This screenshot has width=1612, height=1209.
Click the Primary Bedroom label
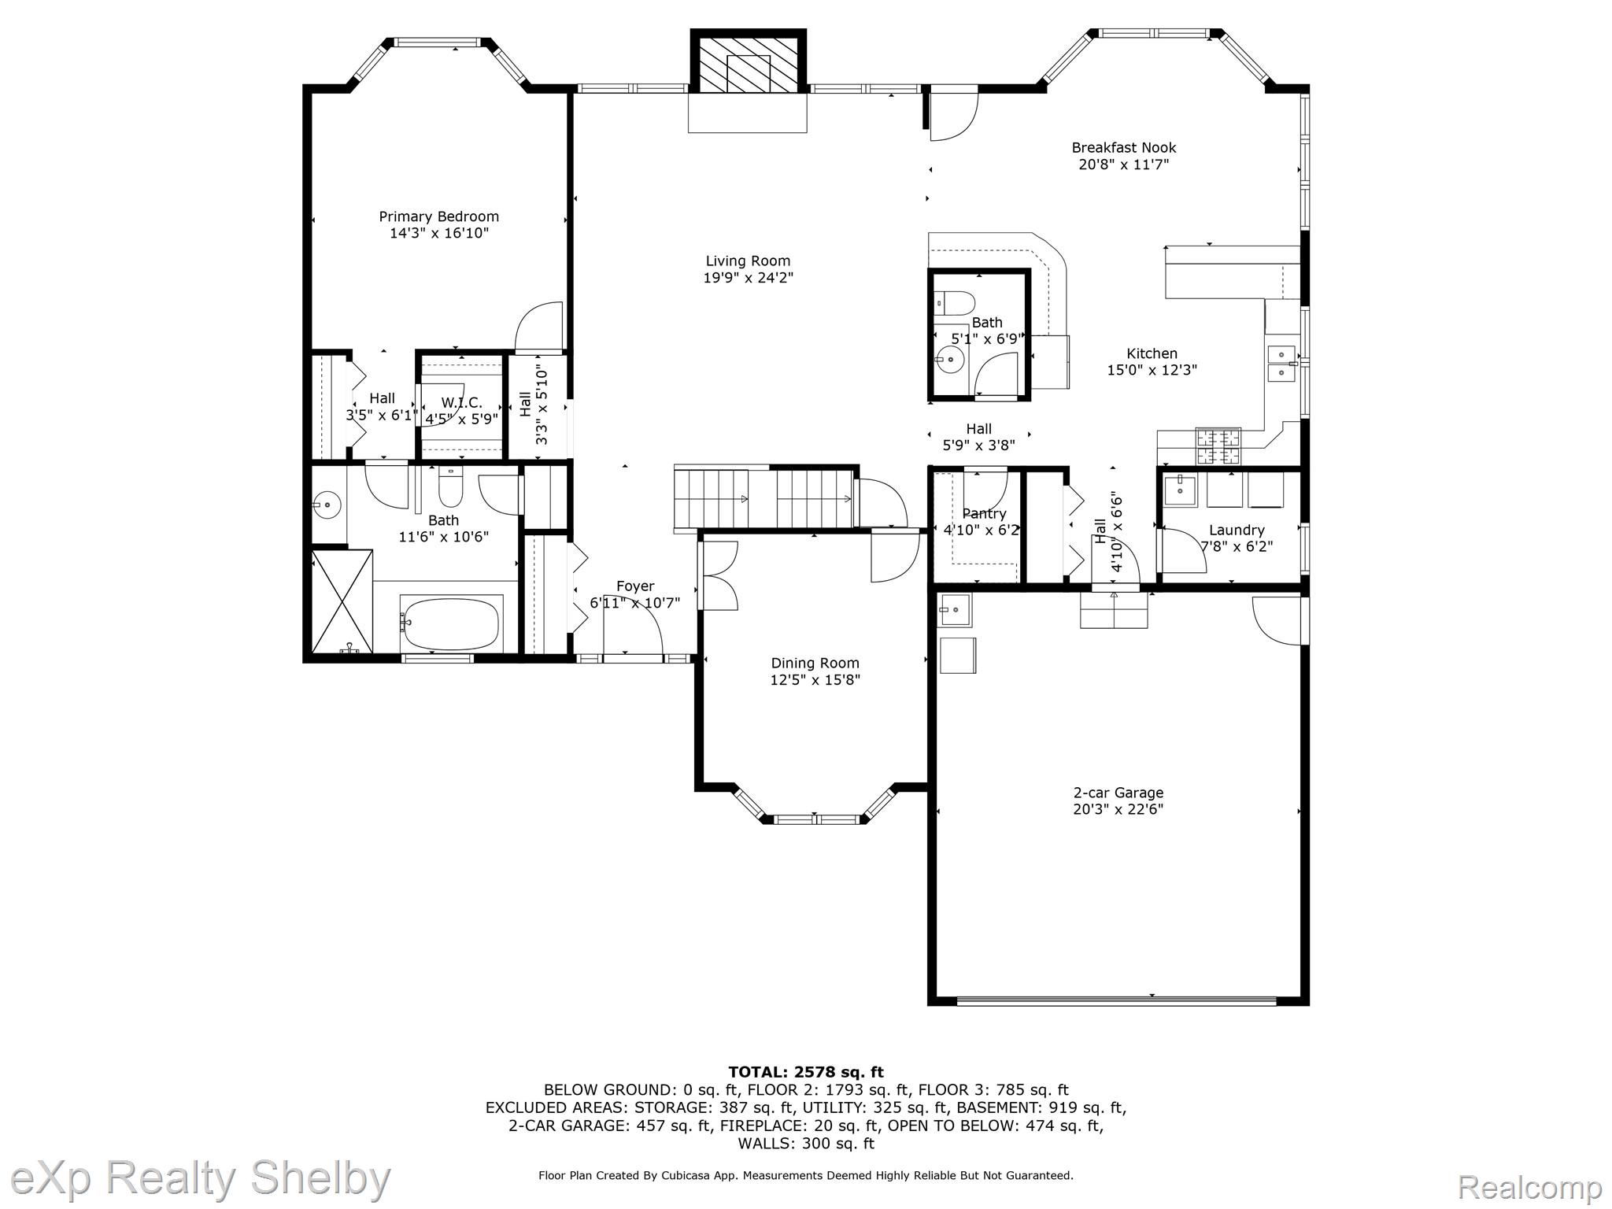tap(438, 216)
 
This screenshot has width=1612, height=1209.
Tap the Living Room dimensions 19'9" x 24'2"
tap(748, 278)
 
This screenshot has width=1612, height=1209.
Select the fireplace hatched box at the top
tap(748, 61)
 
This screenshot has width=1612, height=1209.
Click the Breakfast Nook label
tap(1123, 147)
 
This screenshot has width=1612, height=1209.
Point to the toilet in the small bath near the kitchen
tap(953, 302)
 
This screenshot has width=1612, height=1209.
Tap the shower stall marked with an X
tap(342, 601)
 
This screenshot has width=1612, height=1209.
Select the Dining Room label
tap(815, 663)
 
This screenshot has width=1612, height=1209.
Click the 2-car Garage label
tap(1118, 793)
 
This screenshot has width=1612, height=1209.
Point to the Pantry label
tap(984, 513)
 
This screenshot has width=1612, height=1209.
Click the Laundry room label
tap(1237, 531)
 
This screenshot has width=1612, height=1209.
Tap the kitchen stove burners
tap(1218, 446)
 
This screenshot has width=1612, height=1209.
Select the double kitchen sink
tap(1281, 363)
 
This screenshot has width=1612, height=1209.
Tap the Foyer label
tap(635, 586)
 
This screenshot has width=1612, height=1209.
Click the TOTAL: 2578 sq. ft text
tap(806, 1072)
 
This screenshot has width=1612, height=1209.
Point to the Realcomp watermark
tap(1529, 1186)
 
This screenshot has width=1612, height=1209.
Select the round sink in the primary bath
tap(327, 502)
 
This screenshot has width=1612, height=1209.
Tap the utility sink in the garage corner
tap(955, 609)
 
